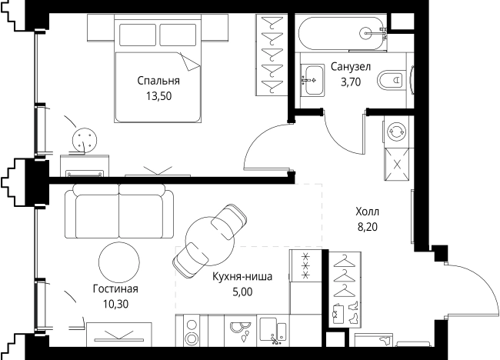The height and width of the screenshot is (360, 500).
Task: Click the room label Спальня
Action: coord(158,81)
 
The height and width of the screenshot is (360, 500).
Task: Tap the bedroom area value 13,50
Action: coord(158,96)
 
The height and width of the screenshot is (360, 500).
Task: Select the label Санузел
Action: coord(351,67)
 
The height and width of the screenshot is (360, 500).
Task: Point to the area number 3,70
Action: coord(351,82)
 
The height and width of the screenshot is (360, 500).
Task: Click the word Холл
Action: coord(368,212)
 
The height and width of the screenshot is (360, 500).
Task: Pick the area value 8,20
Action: coord(368,227)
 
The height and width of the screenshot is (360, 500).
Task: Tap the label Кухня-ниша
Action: coord(242,276)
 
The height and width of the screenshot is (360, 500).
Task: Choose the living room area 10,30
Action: coord(115,304)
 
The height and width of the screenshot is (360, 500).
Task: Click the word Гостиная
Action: coord(115,289)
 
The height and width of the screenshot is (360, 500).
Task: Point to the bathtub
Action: coord(342,33)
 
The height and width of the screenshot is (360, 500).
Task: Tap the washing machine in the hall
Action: coord(396,132)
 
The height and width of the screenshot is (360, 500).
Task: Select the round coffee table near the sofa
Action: coord(119,262)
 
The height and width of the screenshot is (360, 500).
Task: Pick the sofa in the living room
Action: coord(119,211)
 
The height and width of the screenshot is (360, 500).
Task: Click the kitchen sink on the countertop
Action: coord(273,331)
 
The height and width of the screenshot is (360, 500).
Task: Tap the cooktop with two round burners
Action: coord(192,331)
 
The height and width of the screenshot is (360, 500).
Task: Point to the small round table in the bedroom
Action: coord(84,138)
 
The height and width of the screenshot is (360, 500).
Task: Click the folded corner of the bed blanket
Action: coord(190,62)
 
